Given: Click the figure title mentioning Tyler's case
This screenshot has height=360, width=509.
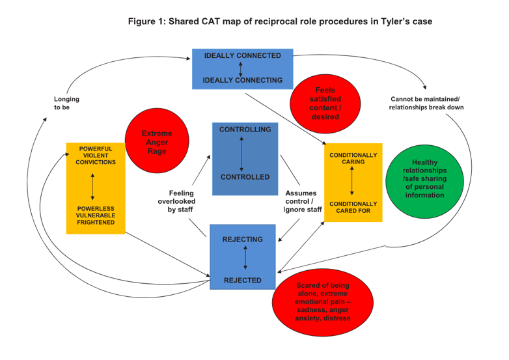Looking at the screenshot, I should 280,21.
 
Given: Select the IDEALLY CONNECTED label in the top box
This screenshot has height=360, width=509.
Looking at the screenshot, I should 242,56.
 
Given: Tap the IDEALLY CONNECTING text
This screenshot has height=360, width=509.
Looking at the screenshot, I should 242,80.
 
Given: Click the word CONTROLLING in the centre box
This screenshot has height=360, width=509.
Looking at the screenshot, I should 245,130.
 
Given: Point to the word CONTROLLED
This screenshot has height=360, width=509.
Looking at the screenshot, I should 245,177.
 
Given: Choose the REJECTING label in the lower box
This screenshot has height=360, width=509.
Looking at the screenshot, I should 243,240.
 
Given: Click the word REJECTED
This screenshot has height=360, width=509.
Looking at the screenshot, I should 243,281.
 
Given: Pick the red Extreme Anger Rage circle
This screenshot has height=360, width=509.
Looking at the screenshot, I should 157,142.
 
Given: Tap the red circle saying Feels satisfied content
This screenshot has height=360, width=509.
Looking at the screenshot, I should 325,103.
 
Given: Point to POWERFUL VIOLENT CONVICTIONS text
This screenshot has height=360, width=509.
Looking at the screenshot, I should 95,156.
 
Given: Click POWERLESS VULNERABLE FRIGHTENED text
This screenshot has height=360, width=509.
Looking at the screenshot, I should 95,215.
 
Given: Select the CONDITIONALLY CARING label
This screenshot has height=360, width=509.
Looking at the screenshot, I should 353,159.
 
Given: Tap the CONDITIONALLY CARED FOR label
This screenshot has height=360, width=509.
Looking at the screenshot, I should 353,207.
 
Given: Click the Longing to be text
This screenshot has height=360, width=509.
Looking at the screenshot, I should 62,104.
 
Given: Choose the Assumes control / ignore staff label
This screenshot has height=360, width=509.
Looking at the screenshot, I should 303,201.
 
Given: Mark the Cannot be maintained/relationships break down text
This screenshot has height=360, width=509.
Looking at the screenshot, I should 426,103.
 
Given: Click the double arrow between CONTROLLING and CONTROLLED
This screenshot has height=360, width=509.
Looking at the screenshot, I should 242,153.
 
